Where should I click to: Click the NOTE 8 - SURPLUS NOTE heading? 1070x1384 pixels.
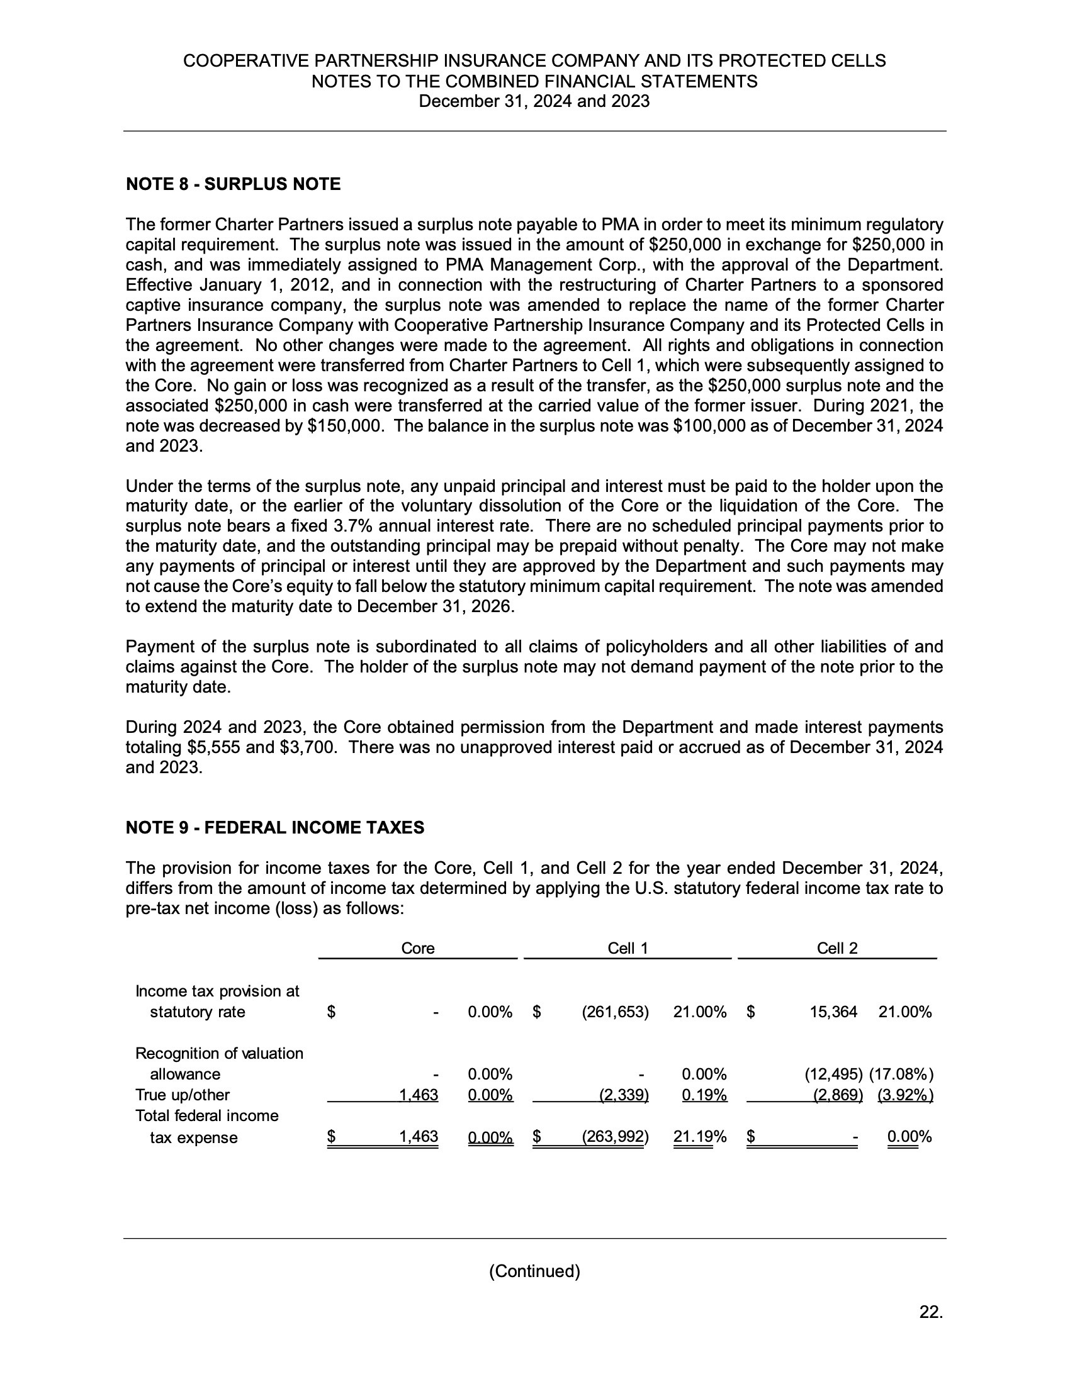click(x=234, y=184)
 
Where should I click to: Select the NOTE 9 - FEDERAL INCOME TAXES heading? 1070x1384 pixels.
click(x=274, y=828)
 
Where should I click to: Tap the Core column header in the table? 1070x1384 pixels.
click(x=418, y=948)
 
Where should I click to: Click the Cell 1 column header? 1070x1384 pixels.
click(x=628, y=948)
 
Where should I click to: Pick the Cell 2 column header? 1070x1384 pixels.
click(x=836, y=948)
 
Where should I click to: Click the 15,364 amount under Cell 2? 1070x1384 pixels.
click(x=833, y=1012)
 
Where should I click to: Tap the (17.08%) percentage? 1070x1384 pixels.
click(x=901, y=1074)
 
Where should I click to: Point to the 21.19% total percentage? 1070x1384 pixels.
click(x=700, y=1137)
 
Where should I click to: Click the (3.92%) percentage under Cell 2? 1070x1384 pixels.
click(x=905, y=1095)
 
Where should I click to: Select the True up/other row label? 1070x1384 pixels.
click(x=183, y=1095)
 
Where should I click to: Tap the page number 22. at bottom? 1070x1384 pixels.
click(x=931, y=1312)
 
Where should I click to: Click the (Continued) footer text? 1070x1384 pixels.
click(x=534, y=1271)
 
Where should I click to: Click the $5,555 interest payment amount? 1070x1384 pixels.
click(x=214, y=747)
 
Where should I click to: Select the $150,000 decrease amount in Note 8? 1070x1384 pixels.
click(x=346, y=426)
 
